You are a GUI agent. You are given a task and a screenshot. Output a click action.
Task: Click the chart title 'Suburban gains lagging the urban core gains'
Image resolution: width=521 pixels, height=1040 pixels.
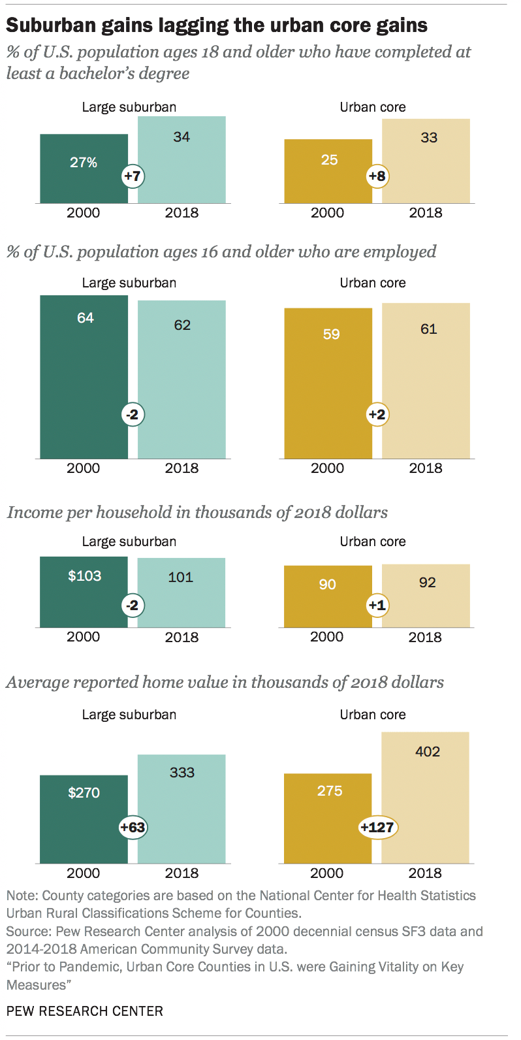click(x=217, y=25)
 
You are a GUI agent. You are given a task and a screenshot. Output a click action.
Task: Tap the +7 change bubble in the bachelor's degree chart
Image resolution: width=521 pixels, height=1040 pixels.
click(x=133, y=176)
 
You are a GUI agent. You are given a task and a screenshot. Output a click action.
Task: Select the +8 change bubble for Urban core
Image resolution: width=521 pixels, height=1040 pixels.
click(x=377, y=176)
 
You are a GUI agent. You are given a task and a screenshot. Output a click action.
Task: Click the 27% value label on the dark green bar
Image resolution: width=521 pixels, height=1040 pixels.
click(x=84, y=163)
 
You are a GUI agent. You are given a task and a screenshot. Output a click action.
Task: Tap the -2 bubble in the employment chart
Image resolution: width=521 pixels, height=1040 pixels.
click(x=133, y=415)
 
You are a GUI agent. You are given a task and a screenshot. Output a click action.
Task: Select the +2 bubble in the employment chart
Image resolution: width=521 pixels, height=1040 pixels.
click(x=377, y=415)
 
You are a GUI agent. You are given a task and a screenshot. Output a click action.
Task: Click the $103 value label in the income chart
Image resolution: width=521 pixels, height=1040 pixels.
click(x=85, y=576)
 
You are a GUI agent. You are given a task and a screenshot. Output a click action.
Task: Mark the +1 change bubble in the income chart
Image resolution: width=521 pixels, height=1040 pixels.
click(x=377, y=606)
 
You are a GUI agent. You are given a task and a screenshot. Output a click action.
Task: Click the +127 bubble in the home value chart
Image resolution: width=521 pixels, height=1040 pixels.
click(x=377, y=828)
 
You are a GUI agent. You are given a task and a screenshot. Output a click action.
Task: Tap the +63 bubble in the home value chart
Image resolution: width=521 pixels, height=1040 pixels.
click(x=133, y=828)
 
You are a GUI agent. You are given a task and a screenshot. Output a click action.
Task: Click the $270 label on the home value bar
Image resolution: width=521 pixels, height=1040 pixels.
click(x=84, y=793)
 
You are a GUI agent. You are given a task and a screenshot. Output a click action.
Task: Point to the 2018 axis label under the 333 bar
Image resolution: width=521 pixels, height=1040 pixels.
click(x=182, y=873)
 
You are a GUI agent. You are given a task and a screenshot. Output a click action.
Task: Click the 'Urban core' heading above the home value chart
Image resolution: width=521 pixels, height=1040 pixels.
click(x=373, y=715)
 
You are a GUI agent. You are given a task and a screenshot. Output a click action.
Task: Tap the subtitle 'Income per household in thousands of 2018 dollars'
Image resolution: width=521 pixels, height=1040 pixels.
click(x=197, y=513)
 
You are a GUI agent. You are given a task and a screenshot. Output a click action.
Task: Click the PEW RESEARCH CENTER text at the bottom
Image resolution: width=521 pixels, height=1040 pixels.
click(x=85, y=1011)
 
